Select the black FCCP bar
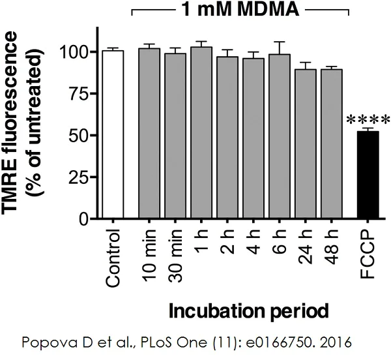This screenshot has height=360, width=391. (x=368, y=175)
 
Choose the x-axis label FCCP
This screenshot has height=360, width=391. (x=369, y=252)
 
